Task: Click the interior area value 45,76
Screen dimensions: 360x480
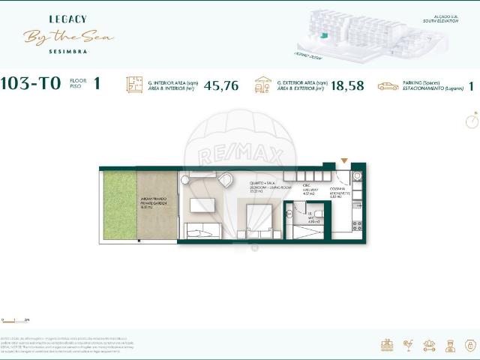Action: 220,85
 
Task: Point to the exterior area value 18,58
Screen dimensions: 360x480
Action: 346,85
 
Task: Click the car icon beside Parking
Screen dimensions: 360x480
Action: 388,86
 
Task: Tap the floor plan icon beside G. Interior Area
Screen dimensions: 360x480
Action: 134,85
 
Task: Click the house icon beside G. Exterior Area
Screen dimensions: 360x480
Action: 263,85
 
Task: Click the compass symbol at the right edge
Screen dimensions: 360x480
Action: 471,120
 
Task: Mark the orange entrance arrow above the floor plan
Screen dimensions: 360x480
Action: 344,160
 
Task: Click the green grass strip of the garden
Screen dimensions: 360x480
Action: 120,205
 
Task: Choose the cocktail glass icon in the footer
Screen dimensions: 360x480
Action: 408,346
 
